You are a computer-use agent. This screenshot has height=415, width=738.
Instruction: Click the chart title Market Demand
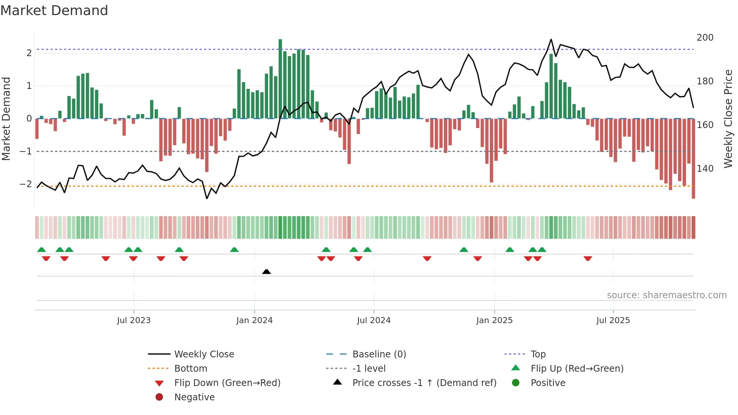tap(54, 11)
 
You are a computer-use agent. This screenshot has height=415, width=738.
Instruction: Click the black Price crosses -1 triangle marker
tap(266, 272)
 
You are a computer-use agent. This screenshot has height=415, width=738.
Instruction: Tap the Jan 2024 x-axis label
tap(254, 320)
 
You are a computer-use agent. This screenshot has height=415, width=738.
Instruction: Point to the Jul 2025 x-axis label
tap(613, 320)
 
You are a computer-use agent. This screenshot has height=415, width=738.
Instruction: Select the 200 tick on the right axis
tap(705, 38)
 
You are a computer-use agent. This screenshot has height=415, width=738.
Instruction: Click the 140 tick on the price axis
tap(705, 168)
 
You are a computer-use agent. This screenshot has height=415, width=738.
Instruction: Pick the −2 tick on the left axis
tap(26, 184)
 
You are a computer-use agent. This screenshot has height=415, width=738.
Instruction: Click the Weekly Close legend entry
tap(204, 354)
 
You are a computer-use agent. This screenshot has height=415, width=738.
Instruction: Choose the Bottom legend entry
tap(191, 369)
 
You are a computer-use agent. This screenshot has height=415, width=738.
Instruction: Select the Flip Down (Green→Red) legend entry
tap(227, 383)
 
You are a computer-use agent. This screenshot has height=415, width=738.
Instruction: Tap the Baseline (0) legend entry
tap(379, 354)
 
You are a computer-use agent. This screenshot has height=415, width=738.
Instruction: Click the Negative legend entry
tap(194, 397)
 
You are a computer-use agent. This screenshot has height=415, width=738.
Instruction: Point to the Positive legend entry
tap(547, 383)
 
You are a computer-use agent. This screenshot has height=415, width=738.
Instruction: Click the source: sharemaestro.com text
tap(666, 295)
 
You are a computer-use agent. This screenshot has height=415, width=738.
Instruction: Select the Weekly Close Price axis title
tap(728, 119)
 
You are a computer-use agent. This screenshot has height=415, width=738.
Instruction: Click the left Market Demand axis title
tap(6, 119)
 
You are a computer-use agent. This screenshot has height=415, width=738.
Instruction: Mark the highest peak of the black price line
tap(551, 40)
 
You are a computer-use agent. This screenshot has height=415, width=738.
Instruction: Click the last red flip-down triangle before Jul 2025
tap(588, 258)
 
